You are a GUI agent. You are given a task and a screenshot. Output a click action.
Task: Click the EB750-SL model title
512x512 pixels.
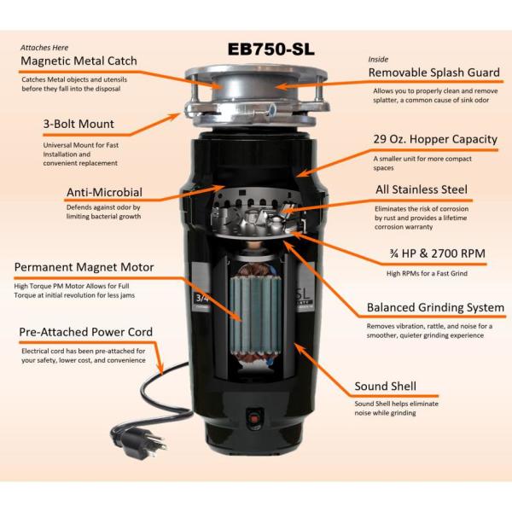271,49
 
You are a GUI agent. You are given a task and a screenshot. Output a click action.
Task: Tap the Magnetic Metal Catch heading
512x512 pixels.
79,61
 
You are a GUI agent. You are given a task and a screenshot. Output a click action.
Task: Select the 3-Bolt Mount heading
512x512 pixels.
79,124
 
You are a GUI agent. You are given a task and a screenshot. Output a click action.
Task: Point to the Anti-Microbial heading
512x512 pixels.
104,192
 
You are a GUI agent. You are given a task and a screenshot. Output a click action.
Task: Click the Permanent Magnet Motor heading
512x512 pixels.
84,267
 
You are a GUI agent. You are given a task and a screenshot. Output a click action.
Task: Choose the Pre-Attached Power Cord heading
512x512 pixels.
86,332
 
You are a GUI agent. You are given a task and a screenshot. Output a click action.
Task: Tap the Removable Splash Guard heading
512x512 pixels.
434,73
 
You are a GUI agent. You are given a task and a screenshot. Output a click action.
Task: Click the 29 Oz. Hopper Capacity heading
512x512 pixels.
435,139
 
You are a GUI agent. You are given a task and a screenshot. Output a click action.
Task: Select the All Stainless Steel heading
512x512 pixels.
422,189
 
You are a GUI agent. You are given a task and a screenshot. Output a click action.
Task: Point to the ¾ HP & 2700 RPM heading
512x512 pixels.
437,253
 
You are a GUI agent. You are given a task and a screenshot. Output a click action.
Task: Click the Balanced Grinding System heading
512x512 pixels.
435,307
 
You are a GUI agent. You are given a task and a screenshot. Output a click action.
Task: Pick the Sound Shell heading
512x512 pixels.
386,387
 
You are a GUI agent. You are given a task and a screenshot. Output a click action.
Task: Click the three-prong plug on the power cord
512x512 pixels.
140,441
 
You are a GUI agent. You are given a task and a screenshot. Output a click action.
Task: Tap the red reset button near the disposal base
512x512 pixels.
254,417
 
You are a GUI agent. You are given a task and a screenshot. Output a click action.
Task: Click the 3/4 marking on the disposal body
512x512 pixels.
202,298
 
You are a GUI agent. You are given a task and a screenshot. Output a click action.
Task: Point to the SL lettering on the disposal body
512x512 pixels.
303,294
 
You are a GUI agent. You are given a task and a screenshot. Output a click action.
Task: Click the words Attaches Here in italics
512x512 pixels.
44,48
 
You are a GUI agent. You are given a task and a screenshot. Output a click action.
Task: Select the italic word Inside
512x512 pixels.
378,60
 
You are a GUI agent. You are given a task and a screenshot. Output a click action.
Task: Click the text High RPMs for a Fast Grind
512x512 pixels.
427,273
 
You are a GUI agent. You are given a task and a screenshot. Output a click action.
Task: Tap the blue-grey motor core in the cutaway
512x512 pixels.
256,314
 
